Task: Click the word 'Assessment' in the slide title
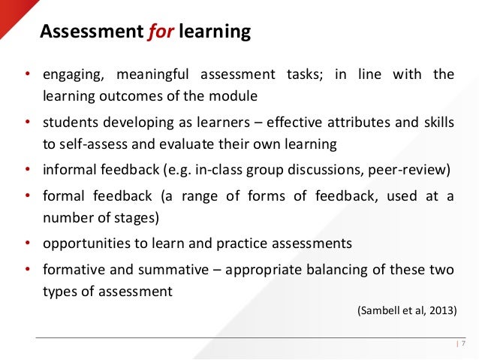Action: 85,32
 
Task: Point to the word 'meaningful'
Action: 152,74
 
